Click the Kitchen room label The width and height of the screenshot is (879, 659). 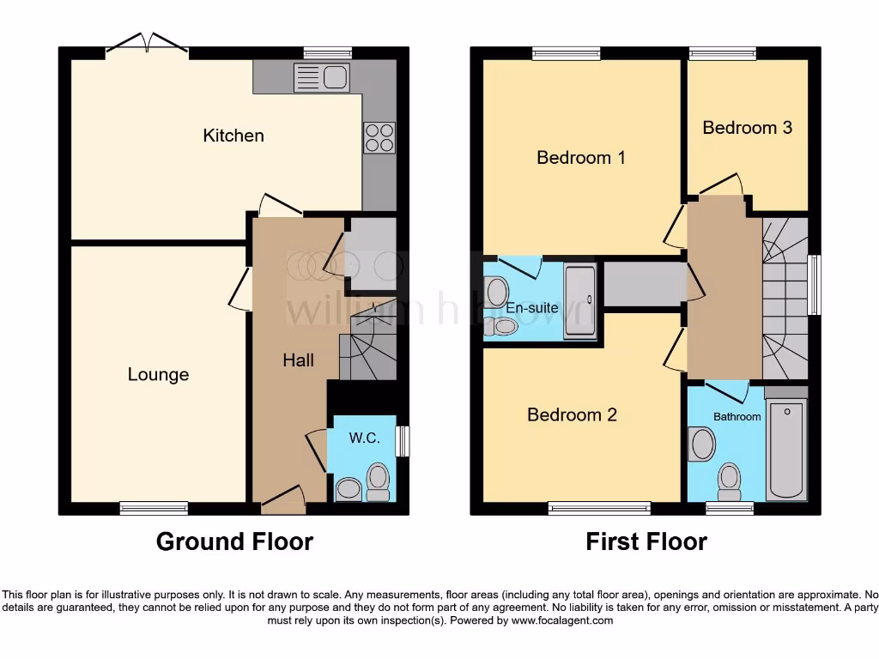[x=233, y=136]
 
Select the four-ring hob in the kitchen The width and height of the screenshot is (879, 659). [x=379, y=137]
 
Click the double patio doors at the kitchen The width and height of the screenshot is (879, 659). [x=147, y=46]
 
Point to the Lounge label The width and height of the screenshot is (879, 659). [x=158, y=375]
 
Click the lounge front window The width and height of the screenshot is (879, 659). [x=154, y=508]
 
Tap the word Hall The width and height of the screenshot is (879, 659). [x=298, y=361]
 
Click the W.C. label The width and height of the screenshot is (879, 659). [x=364, y=438]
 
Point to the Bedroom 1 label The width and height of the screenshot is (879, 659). [x=581, y=158]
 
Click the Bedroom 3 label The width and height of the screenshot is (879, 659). [x=747, y=128]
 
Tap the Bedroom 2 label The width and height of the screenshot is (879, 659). [x=572, y=415]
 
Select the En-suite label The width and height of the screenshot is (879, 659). [x=531, y=307]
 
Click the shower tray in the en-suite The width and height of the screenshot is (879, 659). [x=579, y=297]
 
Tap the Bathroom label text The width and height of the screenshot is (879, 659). [x=737, y=417]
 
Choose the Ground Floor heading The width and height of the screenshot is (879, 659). [x=234, y=542]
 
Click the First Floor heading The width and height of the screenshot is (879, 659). [x=646, y=542]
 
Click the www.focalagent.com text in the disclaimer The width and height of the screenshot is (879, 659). [x=562, y=620]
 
